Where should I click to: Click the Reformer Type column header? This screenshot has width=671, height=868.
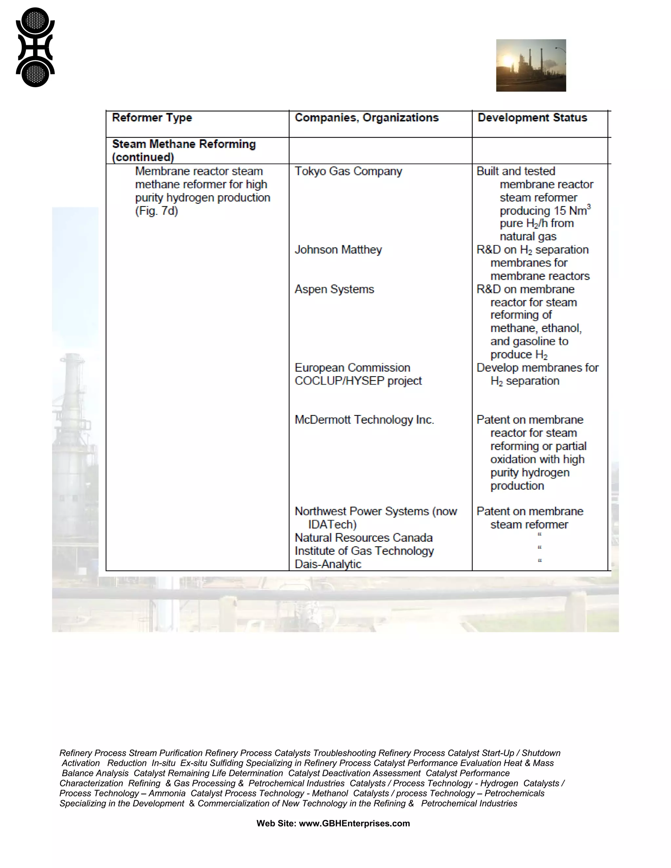point(152,118)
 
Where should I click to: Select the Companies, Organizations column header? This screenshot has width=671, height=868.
point(367,118)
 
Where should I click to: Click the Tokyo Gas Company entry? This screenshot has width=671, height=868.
point(348,171)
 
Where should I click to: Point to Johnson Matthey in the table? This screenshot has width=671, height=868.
point(338,250)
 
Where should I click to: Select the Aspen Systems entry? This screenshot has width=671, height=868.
point(334,289)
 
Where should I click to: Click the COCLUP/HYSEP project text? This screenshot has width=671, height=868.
point(358,381)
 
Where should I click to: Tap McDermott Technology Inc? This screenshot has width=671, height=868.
point(364,420)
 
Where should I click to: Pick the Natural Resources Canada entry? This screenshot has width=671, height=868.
point(363,538)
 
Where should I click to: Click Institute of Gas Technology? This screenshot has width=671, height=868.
point(364,551)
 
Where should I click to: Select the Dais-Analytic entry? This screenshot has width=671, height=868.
point(328,564)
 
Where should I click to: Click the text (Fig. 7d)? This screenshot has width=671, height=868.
point(156,211)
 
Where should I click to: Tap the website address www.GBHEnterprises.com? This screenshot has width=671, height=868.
point(354,823)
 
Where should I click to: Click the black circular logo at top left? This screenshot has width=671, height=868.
point(35,47)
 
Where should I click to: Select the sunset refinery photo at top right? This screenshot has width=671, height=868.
point(531,66)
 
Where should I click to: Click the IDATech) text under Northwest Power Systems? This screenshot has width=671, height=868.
point(332,525)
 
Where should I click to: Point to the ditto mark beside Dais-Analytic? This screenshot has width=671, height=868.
point(539,561)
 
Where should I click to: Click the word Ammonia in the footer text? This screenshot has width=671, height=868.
point(167,793)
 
